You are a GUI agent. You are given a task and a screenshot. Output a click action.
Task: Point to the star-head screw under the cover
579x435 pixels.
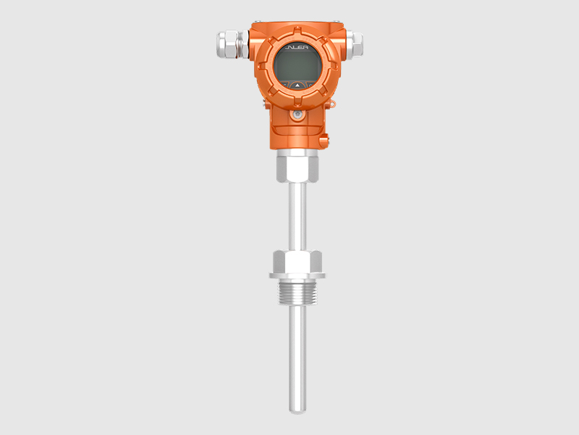297,115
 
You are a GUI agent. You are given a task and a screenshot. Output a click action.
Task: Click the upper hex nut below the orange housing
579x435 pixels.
297,167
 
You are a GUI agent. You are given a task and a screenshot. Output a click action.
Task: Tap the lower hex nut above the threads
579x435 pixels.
297,260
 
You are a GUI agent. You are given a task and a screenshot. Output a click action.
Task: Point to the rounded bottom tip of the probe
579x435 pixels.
297,410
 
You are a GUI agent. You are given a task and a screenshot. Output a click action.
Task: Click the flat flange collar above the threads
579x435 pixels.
297,275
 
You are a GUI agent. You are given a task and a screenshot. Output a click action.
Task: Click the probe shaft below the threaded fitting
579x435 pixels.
297,355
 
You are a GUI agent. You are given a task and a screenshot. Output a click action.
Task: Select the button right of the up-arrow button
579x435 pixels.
308,85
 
